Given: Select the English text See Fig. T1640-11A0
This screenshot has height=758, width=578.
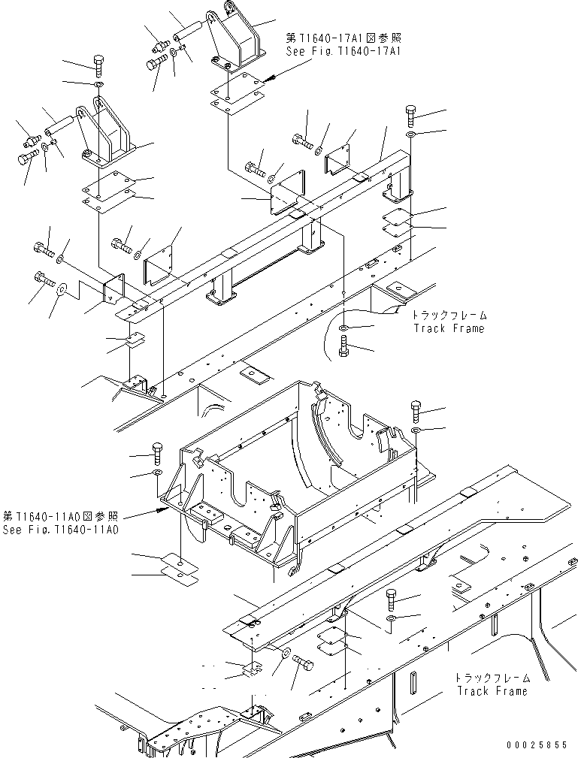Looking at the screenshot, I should coord(60,530).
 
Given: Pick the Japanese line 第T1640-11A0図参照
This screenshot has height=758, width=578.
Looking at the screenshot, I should coord(60,516).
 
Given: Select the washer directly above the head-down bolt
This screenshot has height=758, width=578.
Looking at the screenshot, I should coord(343,329).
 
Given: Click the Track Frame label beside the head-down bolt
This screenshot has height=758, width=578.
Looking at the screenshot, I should coord(449,322).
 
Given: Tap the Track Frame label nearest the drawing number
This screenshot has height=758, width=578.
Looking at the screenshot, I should coord(492,684).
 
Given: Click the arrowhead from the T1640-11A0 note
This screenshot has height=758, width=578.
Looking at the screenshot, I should coord(160,509).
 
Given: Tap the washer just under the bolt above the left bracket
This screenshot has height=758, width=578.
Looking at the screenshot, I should coord(99,85).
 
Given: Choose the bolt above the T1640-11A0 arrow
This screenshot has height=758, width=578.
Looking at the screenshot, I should coord(157,454).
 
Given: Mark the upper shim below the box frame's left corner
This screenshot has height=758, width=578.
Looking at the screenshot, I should coord(179,560).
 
